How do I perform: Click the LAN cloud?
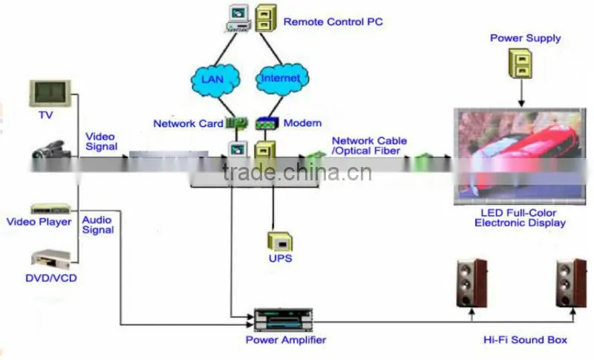pyautogui.click(x=215, y=79)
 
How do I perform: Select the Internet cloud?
pyautogui.click(x=282, y=79)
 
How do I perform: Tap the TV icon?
pyautogui.click(x=50, y=93)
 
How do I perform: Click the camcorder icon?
pyautogui.click(x=51, y=149)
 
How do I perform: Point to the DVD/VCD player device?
pyautogui.click(x=50, y=259)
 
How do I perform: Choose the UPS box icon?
pyautogui.click(x=280, y=242)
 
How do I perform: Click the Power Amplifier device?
pyautogui.click(x=283, y=320)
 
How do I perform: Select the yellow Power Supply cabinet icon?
pyautogui.click(x=520, y=63)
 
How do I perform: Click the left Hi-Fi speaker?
pyautogui.click(x=471, y=283)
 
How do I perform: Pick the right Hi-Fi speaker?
pyautogui.click(x=571, y=283)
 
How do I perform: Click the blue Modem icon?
pyautogui.click(x=267, y=123)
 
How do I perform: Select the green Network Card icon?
pyautogui.click(x=237, y=123)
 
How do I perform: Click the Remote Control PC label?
pyautogui.click(x=333, y=22)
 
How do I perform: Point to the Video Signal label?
pyautogui.click(x=101, y=142)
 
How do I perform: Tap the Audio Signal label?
pyautogui.click(x=98, y=225)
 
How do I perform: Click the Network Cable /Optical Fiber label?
pyautogui.click(x=369, y=145)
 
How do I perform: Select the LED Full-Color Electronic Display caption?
pyautogui.click(x=520, y=217)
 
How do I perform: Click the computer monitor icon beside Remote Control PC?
pyautogui.click(x=238, y=18)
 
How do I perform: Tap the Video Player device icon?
pyautogui.click(x=50, y=209)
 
